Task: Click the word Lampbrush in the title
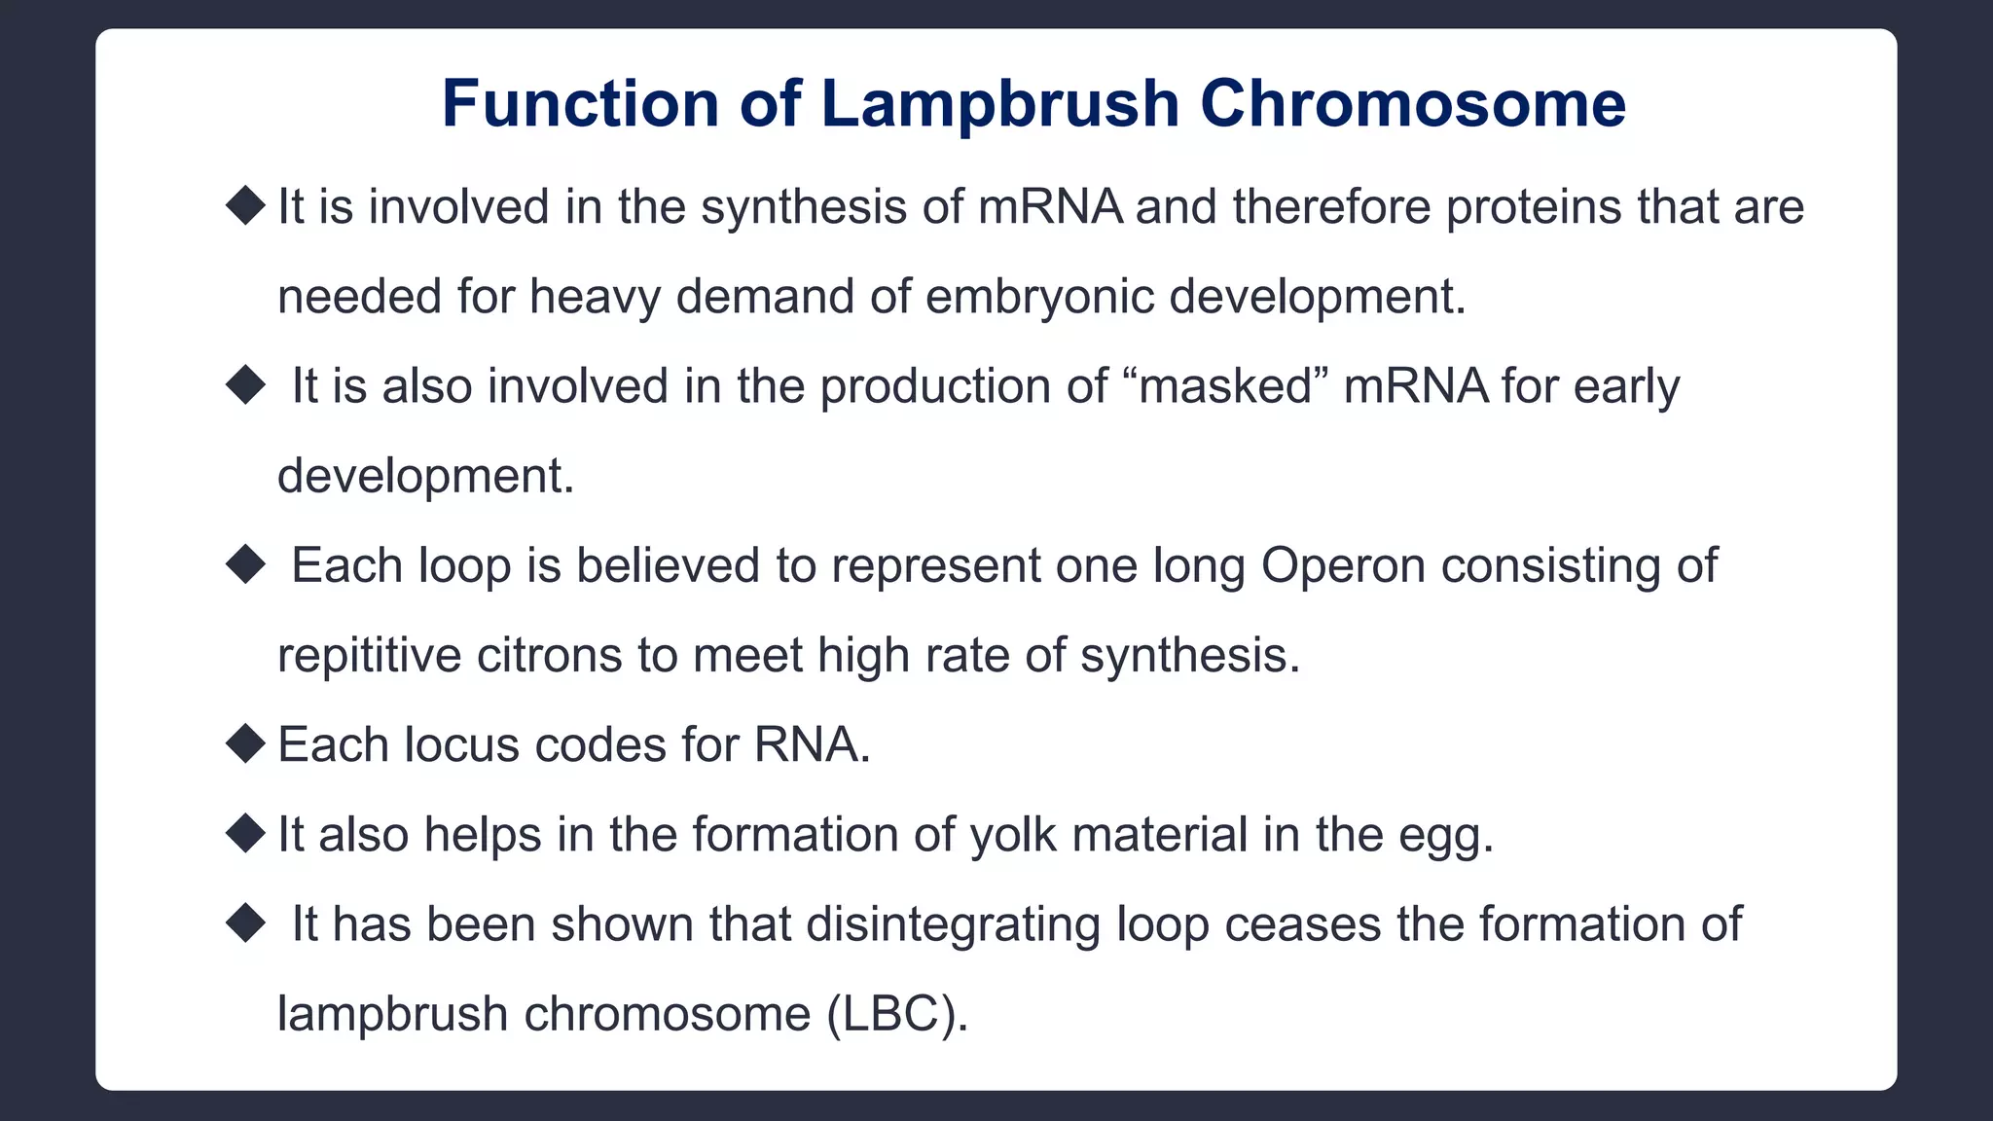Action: click(999, 103)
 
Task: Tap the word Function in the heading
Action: click(580, 103)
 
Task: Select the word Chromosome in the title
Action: click(1412, 103)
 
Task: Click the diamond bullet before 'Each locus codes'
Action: click(245, 744)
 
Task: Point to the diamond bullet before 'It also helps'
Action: click(245, 834)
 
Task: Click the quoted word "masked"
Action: click(1229, 386)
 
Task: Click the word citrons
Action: click(549, 655)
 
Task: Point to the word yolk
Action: click(1012, 835)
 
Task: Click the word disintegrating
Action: click(953, 924)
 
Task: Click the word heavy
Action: click(595, 297)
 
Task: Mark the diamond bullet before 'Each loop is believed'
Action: click(245, 565)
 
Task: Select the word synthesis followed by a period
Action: click(1188, 655)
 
